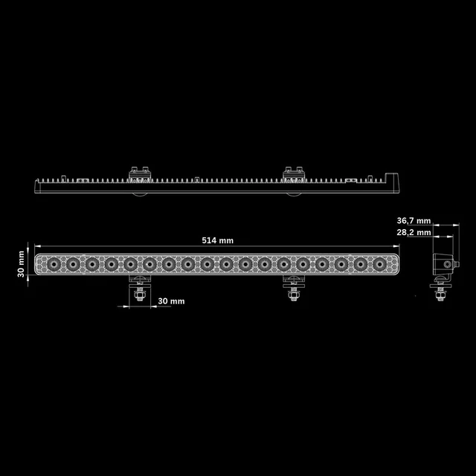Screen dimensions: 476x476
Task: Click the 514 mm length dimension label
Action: [217, 240]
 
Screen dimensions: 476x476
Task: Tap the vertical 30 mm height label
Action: [22, 264]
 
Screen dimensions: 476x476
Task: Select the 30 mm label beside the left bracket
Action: [171, 301]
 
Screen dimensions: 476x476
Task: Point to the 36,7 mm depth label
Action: [414, 221]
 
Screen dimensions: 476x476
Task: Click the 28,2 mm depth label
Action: [414, 232]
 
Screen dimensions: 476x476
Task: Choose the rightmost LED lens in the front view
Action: [382, 264]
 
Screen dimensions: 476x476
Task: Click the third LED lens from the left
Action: [92, 264]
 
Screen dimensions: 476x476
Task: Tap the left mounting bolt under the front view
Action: [138, 294]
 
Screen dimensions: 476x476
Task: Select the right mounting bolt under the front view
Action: [293, 294]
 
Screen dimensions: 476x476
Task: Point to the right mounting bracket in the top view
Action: [294, 174]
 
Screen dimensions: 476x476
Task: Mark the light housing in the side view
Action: [444, 264]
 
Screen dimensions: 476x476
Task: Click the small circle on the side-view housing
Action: [447, 264]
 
